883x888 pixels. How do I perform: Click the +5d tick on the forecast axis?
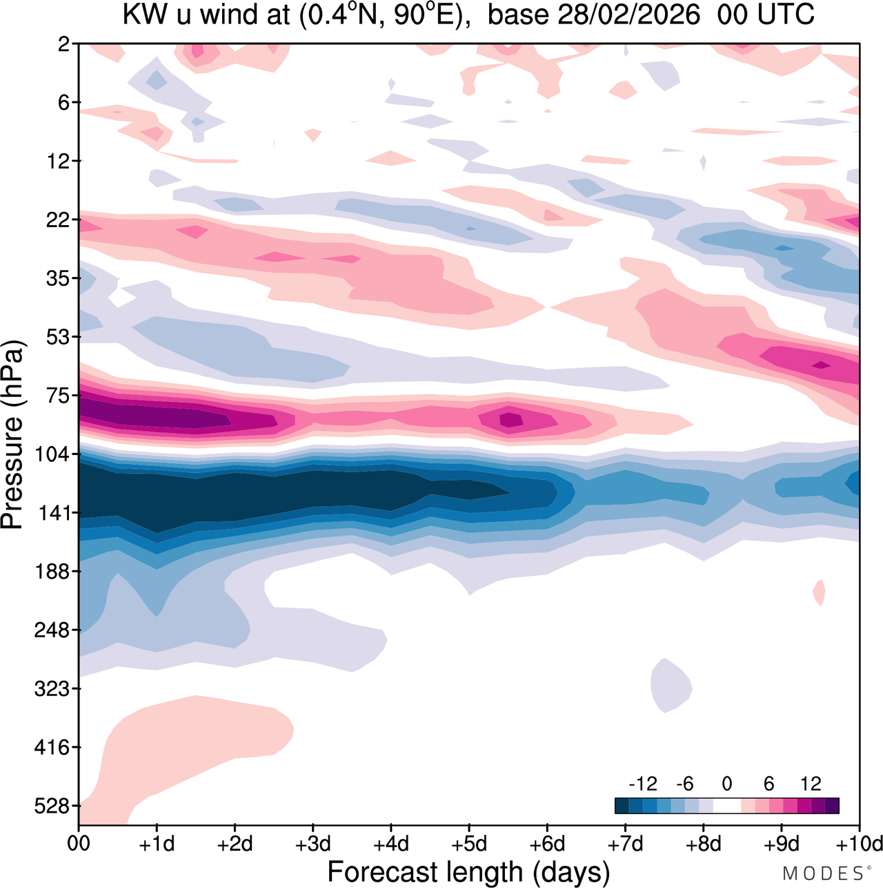pos(469,844)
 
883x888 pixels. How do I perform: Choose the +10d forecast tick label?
pos(860,844)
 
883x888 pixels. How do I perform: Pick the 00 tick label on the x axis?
pos(79,844)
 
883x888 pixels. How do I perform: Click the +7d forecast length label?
pos(625,844)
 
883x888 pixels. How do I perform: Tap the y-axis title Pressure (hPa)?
pos(13,435)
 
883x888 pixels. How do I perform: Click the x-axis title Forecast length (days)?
pos(468,871)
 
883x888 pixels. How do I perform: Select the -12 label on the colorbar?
pos(642,784)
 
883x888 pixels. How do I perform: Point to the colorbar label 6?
pos(769,784)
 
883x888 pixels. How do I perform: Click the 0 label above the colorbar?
pos(726,784)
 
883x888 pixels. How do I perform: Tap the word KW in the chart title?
pos(146,15)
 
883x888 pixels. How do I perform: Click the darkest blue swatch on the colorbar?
pos(622,806)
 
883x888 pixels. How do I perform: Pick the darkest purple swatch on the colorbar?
pos(832,806)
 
